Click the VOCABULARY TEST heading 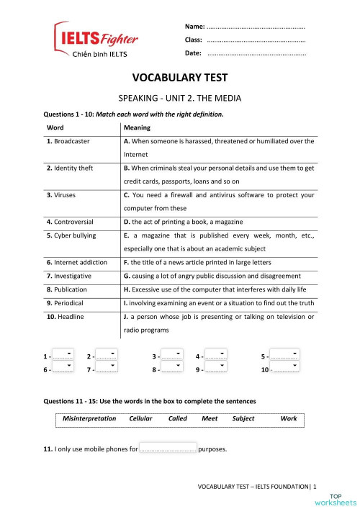click(180, 78)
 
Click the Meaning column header click(137, 128)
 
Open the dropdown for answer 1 click(64, 356)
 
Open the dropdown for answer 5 click(287, 356)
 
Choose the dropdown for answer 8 click(171, 369)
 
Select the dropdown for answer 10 click(287, 369)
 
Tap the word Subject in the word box click(243, 418)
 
